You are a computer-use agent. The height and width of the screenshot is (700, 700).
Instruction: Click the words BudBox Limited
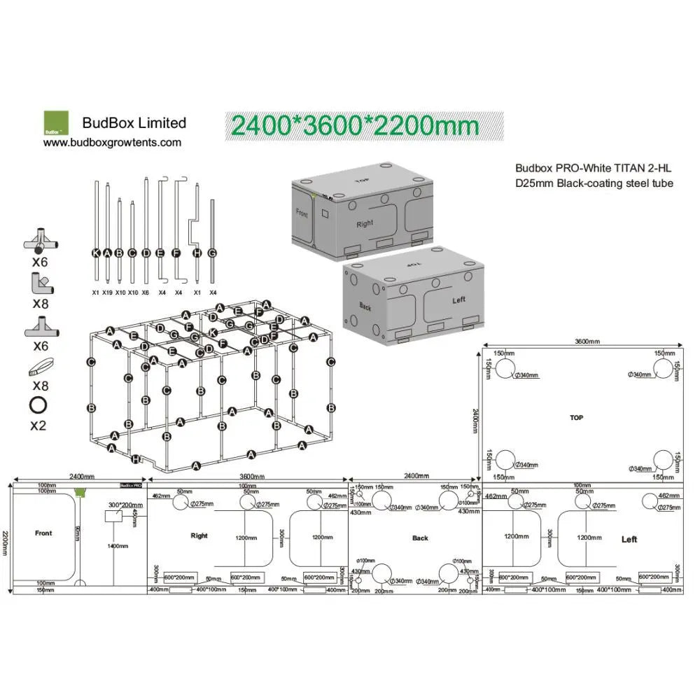coord(134,123)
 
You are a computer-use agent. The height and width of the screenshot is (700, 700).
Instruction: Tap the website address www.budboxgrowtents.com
coord(112,142)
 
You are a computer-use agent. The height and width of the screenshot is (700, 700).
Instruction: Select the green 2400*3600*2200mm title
coord(356,125)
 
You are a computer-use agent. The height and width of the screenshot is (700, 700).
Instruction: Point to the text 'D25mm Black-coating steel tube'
coord(594,183)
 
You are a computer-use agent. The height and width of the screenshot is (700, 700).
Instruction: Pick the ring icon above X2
coord(38,406)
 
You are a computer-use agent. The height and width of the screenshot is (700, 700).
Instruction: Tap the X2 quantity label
coord(38,425)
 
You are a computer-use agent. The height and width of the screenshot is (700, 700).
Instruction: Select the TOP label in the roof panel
coord(576,418)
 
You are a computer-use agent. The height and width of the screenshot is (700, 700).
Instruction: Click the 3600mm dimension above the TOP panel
coord(587,342)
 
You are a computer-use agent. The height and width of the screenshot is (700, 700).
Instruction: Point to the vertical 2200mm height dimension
coord(6,535)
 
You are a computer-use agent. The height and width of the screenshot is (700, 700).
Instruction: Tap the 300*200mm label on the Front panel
coord(124,505)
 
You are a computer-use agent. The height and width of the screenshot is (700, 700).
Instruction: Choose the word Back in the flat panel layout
coord(420,538)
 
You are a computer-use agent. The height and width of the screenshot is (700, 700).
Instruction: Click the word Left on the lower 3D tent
coord(458,300)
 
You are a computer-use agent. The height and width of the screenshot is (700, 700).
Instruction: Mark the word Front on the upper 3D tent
coord(302,213)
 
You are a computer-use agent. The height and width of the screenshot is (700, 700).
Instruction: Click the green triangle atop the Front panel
coord(79,492)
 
